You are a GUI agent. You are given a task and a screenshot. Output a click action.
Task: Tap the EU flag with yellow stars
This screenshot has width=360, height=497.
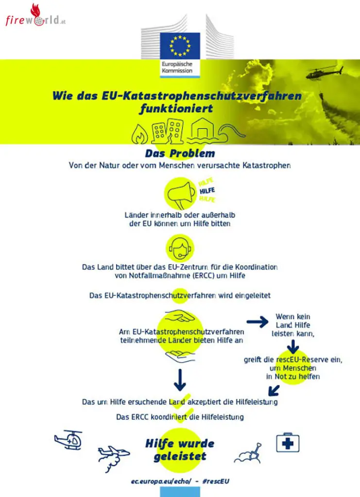pyautogui.click(x=180, y=46)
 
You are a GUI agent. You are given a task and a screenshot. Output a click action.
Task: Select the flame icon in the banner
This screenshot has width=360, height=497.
pyautogui.click(x=139, y=135)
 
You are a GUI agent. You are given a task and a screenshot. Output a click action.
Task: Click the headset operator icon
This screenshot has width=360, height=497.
pyautogui.click(x=180, y=248)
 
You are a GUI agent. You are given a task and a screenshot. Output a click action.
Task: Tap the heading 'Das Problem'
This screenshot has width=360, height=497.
pyautogui.click(x=180, y=153)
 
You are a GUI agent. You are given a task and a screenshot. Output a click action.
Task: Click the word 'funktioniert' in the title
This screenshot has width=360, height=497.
pyautogui.click(x=176, y=109)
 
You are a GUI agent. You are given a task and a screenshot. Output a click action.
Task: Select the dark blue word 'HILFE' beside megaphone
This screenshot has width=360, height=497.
pyautogui.click(x=207, y=191)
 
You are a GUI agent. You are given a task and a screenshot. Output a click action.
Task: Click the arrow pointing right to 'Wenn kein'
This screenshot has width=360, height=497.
pyautogui.click(x=257, y=322)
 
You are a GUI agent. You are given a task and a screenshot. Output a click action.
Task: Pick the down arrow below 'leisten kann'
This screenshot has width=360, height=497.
pyautogui.click(x=293, y=347)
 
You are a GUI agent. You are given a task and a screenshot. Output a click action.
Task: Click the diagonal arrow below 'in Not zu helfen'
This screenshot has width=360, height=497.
pyautogui.click(x=274, y=391)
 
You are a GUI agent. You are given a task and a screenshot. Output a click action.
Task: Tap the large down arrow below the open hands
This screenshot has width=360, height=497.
pyautogui.click(x=180, y=380)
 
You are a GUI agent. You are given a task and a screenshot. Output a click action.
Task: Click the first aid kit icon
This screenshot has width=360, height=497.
pyautogui.click(x=288, y=443)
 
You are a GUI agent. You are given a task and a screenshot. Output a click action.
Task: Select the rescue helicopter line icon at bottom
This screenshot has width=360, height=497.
pyautogui.click(x=68, y=440)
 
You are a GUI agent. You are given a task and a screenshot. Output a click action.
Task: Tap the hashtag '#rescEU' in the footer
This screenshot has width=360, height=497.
pyautogui.click(x=216, y=481)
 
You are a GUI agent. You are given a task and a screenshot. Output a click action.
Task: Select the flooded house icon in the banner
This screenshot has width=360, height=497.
pyautogui.click(x=203, y=131)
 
